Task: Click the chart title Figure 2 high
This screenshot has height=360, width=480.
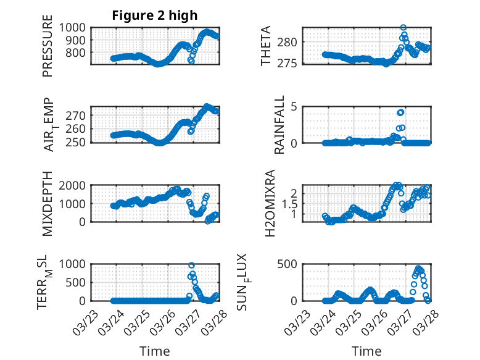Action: tap(154, 15)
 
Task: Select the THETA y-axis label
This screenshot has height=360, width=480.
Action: tap(266, 46)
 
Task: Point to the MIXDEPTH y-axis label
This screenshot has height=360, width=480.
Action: tap(48, 204)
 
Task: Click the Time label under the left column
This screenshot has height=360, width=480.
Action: tap(154, 351)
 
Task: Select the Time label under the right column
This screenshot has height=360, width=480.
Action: tap(366, 351)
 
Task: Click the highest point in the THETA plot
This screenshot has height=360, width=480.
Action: tap(403, 28)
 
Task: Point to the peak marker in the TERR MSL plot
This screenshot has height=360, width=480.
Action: tap(192, 266)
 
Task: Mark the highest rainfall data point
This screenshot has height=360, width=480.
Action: tap(401, 112)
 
